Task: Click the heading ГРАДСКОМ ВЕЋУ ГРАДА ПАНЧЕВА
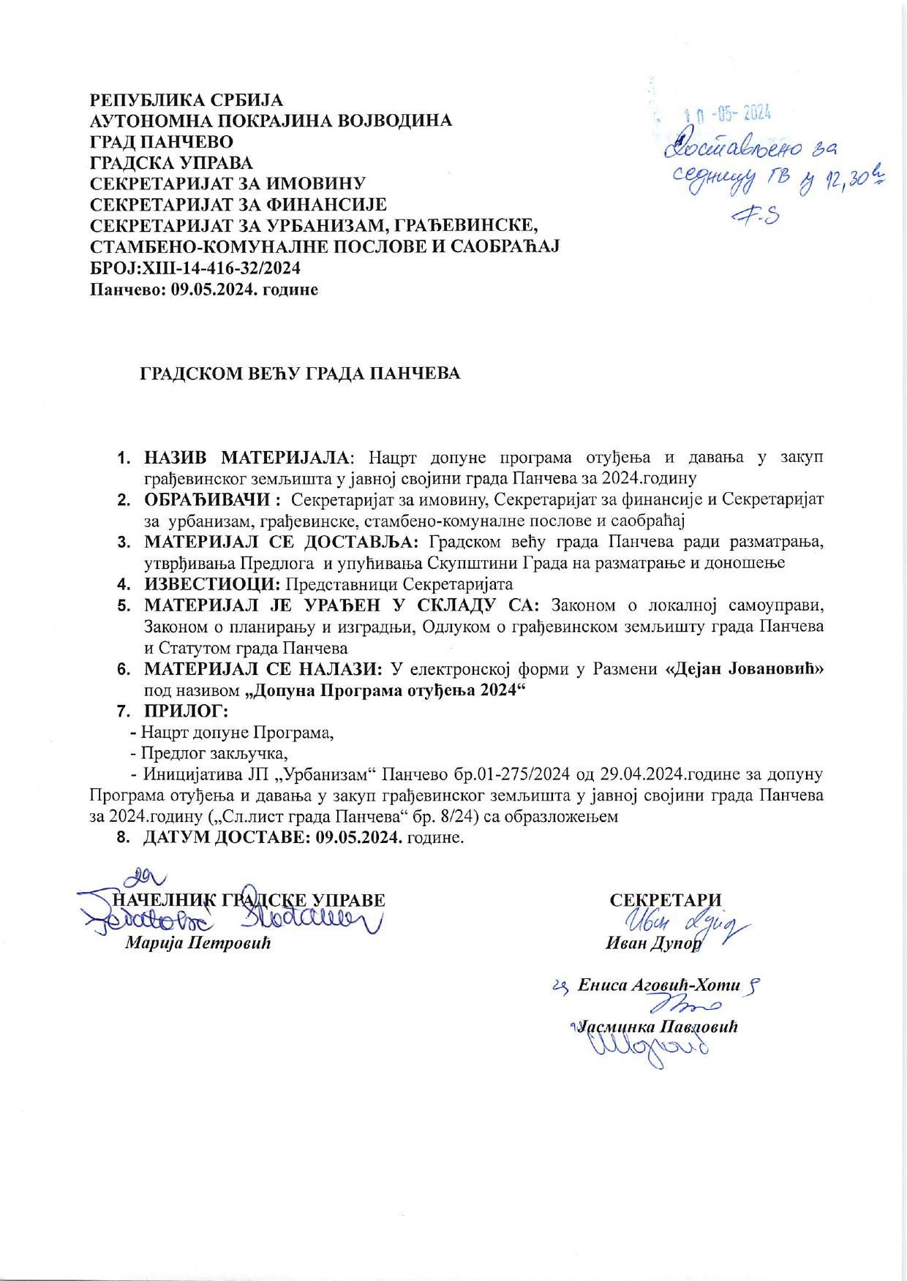click(300, 374)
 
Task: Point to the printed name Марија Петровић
click(198, 942)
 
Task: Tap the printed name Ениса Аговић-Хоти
click(658, 985)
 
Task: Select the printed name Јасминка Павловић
click(657, 1027)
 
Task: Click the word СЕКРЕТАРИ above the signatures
click(665, 900)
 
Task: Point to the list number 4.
click(124, 584)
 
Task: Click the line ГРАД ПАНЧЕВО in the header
click(162, 141)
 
